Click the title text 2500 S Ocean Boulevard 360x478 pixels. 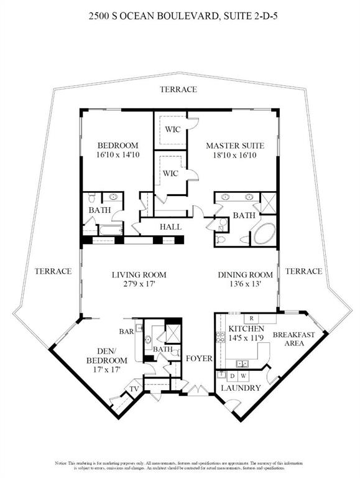tap(180, 19)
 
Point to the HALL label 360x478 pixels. tap(171, 227)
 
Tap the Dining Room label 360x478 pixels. tap(246, 274)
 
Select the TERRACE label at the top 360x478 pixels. tap(178, 90)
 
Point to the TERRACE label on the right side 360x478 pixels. tap(304, 271)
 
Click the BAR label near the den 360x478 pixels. tap(127, 332)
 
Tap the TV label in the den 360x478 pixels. tap(133, 390)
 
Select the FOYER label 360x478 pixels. tap(200, 359)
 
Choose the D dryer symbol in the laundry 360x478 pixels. tap(231, 376)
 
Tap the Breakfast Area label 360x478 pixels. tap(293, 339)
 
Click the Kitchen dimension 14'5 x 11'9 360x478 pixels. tap(247, 338)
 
